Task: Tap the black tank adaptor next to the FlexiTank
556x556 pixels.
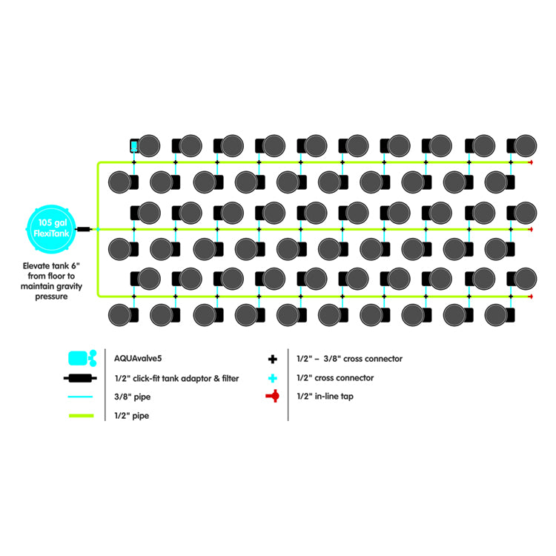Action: point(83,229)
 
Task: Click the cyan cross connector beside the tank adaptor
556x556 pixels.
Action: point(97,229)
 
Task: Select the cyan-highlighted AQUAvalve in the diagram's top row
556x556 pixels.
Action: point(134,145)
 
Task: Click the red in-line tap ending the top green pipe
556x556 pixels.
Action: point(530,162)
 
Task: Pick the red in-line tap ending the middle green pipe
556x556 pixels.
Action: point(530,229)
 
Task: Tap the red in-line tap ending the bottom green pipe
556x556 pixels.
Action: point(530,297)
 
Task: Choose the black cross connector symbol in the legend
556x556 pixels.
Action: point(273,359)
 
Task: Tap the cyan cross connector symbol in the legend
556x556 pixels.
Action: point(273,378)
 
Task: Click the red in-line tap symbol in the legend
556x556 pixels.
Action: point(273,397)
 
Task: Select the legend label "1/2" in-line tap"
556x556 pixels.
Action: point(329,397)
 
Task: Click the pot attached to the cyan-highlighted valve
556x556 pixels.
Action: point(151,145)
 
